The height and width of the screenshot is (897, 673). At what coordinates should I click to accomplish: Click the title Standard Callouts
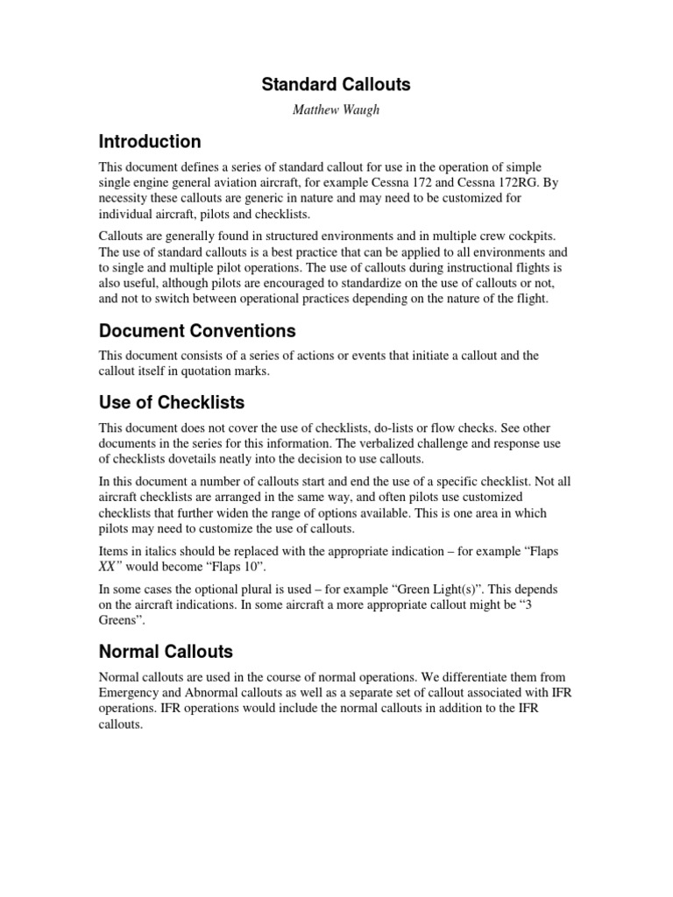[x=336, y=85]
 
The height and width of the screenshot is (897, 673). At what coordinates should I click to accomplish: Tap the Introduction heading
[x=150, y=142]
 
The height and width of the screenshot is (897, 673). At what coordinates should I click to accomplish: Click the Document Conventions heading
[x=197, y=331]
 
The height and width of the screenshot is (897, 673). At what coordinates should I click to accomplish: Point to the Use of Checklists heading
[x=172, y=403]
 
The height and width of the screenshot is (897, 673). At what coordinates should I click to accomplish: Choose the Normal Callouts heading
[x=166, y=652]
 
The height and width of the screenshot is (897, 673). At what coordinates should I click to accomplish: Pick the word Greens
[x=120, y=621]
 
